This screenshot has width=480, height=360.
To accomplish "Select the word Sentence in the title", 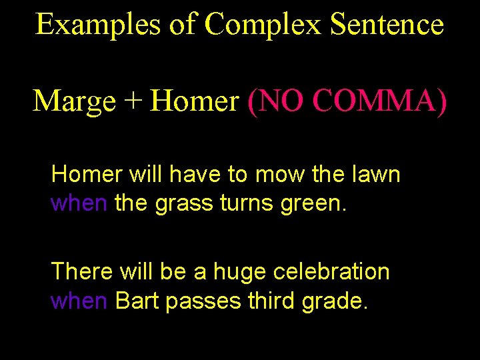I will click(387, 25).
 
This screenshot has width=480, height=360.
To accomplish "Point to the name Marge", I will click(74, 101).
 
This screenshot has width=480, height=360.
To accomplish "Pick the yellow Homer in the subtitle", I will click(195, 101).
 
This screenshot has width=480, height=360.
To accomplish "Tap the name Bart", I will click(137, 301).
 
